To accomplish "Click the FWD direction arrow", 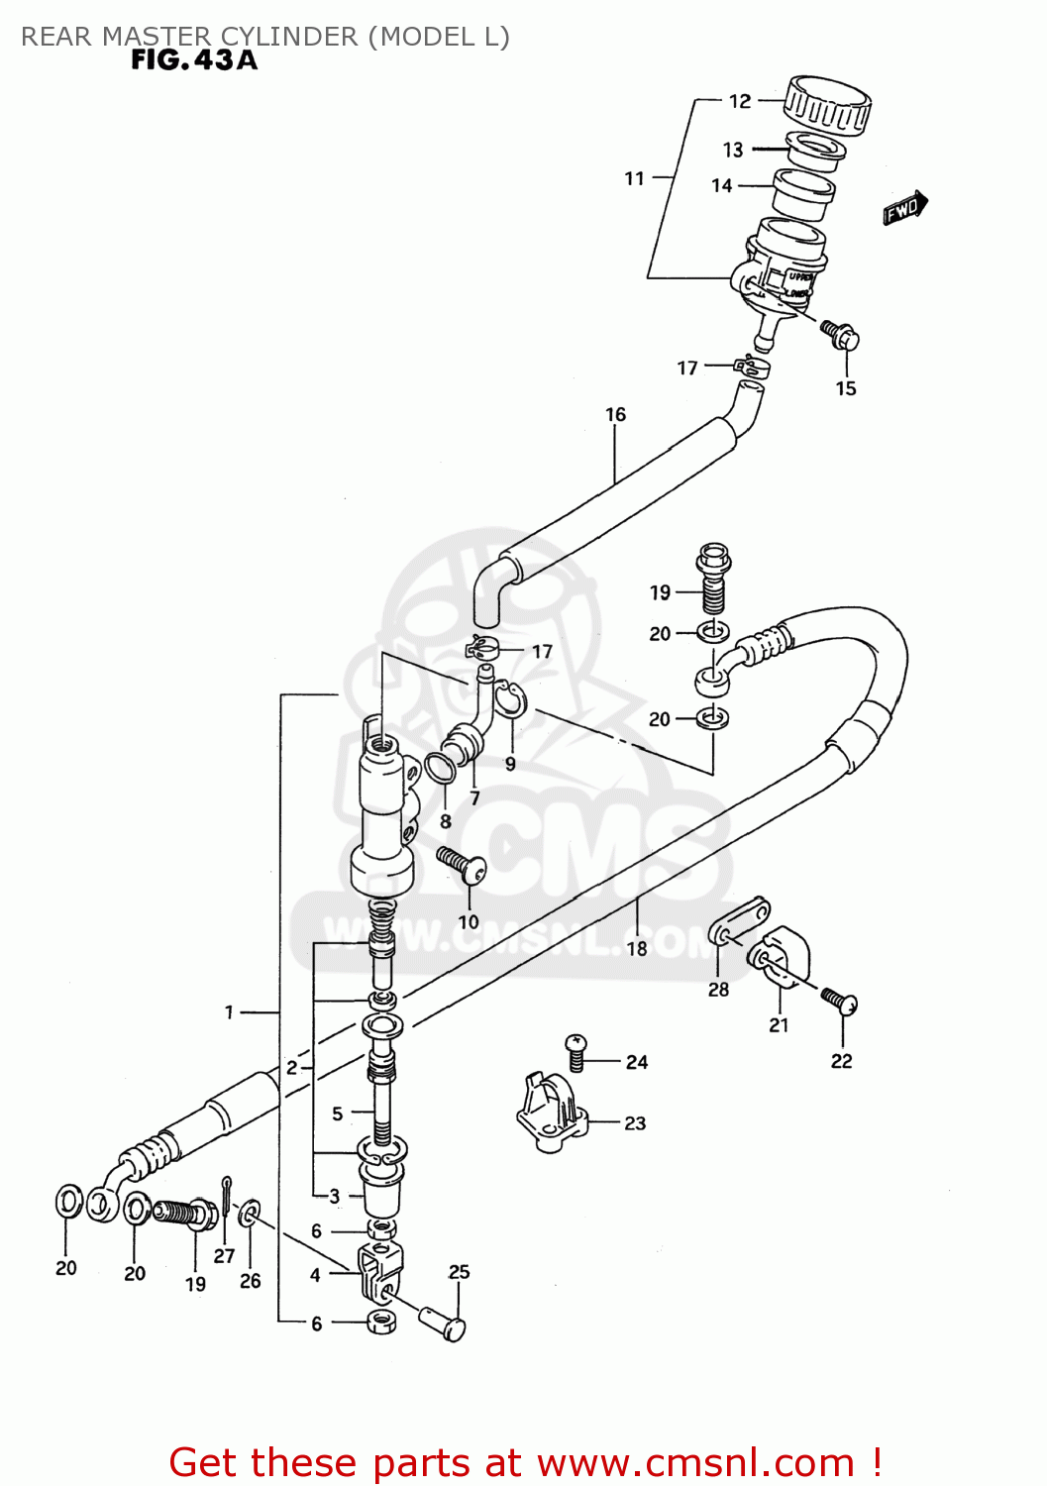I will tap(904, 208).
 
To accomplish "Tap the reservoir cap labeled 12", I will tap(827, 104).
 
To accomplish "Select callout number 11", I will tap(634, 178).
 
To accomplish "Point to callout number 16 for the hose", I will tap(615, 414).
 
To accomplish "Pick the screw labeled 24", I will tap(576, 1050).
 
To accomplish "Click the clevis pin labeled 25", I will tap(443, 1323).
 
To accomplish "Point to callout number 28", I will tap(718, 989).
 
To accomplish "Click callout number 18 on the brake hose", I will tap(636, 948).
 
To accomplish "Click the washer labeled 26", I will tap(252, 1213).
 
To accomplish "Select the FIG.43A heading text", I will tap(194, 60).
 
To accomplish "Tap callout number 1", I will tap(229, 1011).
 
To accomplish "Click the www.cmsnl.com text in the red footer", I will tap(696, 1462).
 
